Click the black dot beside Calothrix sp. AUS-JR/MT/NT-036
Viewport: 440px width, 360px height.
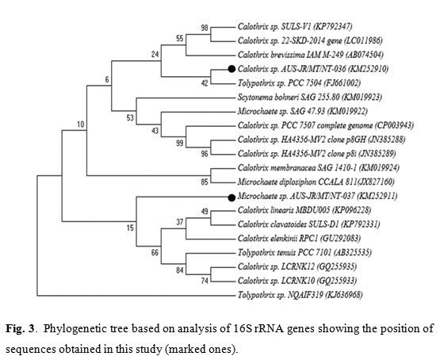[x=231, y=69]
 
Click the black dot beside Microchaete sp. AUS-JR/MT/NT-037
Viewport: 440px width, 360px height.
[x=231, y=197]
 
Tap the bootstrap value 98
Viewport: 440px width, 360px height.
[x=205, y=28]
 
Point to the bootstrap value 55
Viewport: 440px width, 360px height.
[x=180, y=38]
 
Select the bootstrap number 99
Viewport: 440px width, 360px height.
[x=180, y=143]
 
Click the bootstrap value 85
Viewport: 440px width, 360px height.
[x=205, y=182]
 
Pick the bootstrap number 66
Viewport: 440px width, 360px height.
[x=155, y=252]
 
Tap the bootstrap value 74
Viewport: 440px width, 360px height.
[x=205, y=281]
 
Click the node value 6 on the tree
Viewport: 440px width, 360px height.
[x=107, y=79]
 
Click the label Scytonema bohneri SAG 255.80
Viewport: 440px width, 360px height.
[x=289, y=97]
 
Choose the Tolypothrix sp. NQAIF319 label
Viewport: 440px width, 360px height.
[x=280, y=295]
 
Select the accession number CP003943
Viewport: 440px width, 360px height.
[x=395, y=125]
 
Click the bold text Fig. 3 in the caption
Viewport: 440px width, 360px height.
[x=20, y=328]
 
